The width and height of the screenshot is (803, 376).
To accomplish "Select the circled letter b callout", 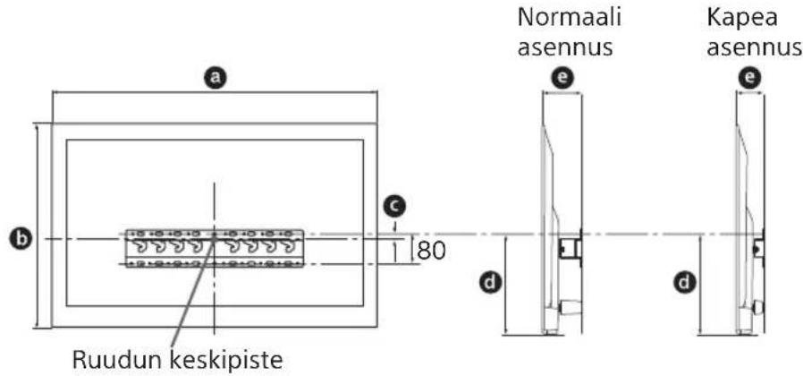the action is point(17,240).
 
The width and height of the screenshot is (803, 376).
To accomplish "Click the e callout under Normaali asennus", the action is point(562,79).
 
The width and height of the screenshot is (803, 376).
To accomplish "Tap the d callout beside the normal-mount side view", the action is point(490,285).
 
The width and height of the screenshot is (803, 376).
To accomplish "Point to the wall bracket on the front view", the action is point(215,249).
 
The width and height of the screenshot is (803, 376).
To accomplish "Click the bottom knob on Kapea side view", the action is point(758,307).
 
